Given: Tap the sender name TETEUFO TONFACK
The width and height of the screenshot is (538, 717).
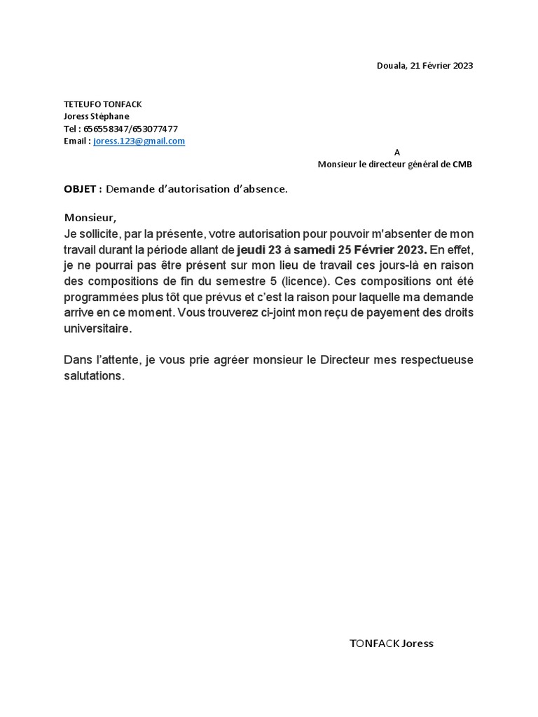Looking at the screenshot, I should coord(102,104).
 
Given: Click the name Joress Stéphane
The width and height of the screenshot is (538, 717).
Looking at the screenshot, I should coord(97,116).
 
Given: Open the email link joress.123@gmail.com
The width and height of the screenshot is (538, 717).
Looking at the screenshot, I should coord(139,141).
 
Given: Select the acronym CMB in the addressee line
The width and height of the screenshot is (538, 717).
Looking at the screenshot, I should coord(462,164).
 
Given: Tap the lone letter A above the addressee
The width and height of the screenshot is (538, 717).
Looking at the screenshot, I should coord(397,152).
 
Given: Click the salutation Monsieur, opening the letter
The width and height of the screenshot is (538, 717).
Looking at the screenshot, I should coord(88,217).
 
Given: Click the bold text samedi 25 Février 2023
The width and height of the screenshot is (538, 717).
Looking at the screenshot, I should coord(359,250).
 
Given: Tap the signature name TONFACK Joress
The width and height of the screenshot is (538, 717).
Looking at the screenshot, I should coord(391,643).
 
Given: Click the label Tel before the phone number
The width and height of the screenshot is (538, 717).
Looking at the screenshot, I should coord(70,129).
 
